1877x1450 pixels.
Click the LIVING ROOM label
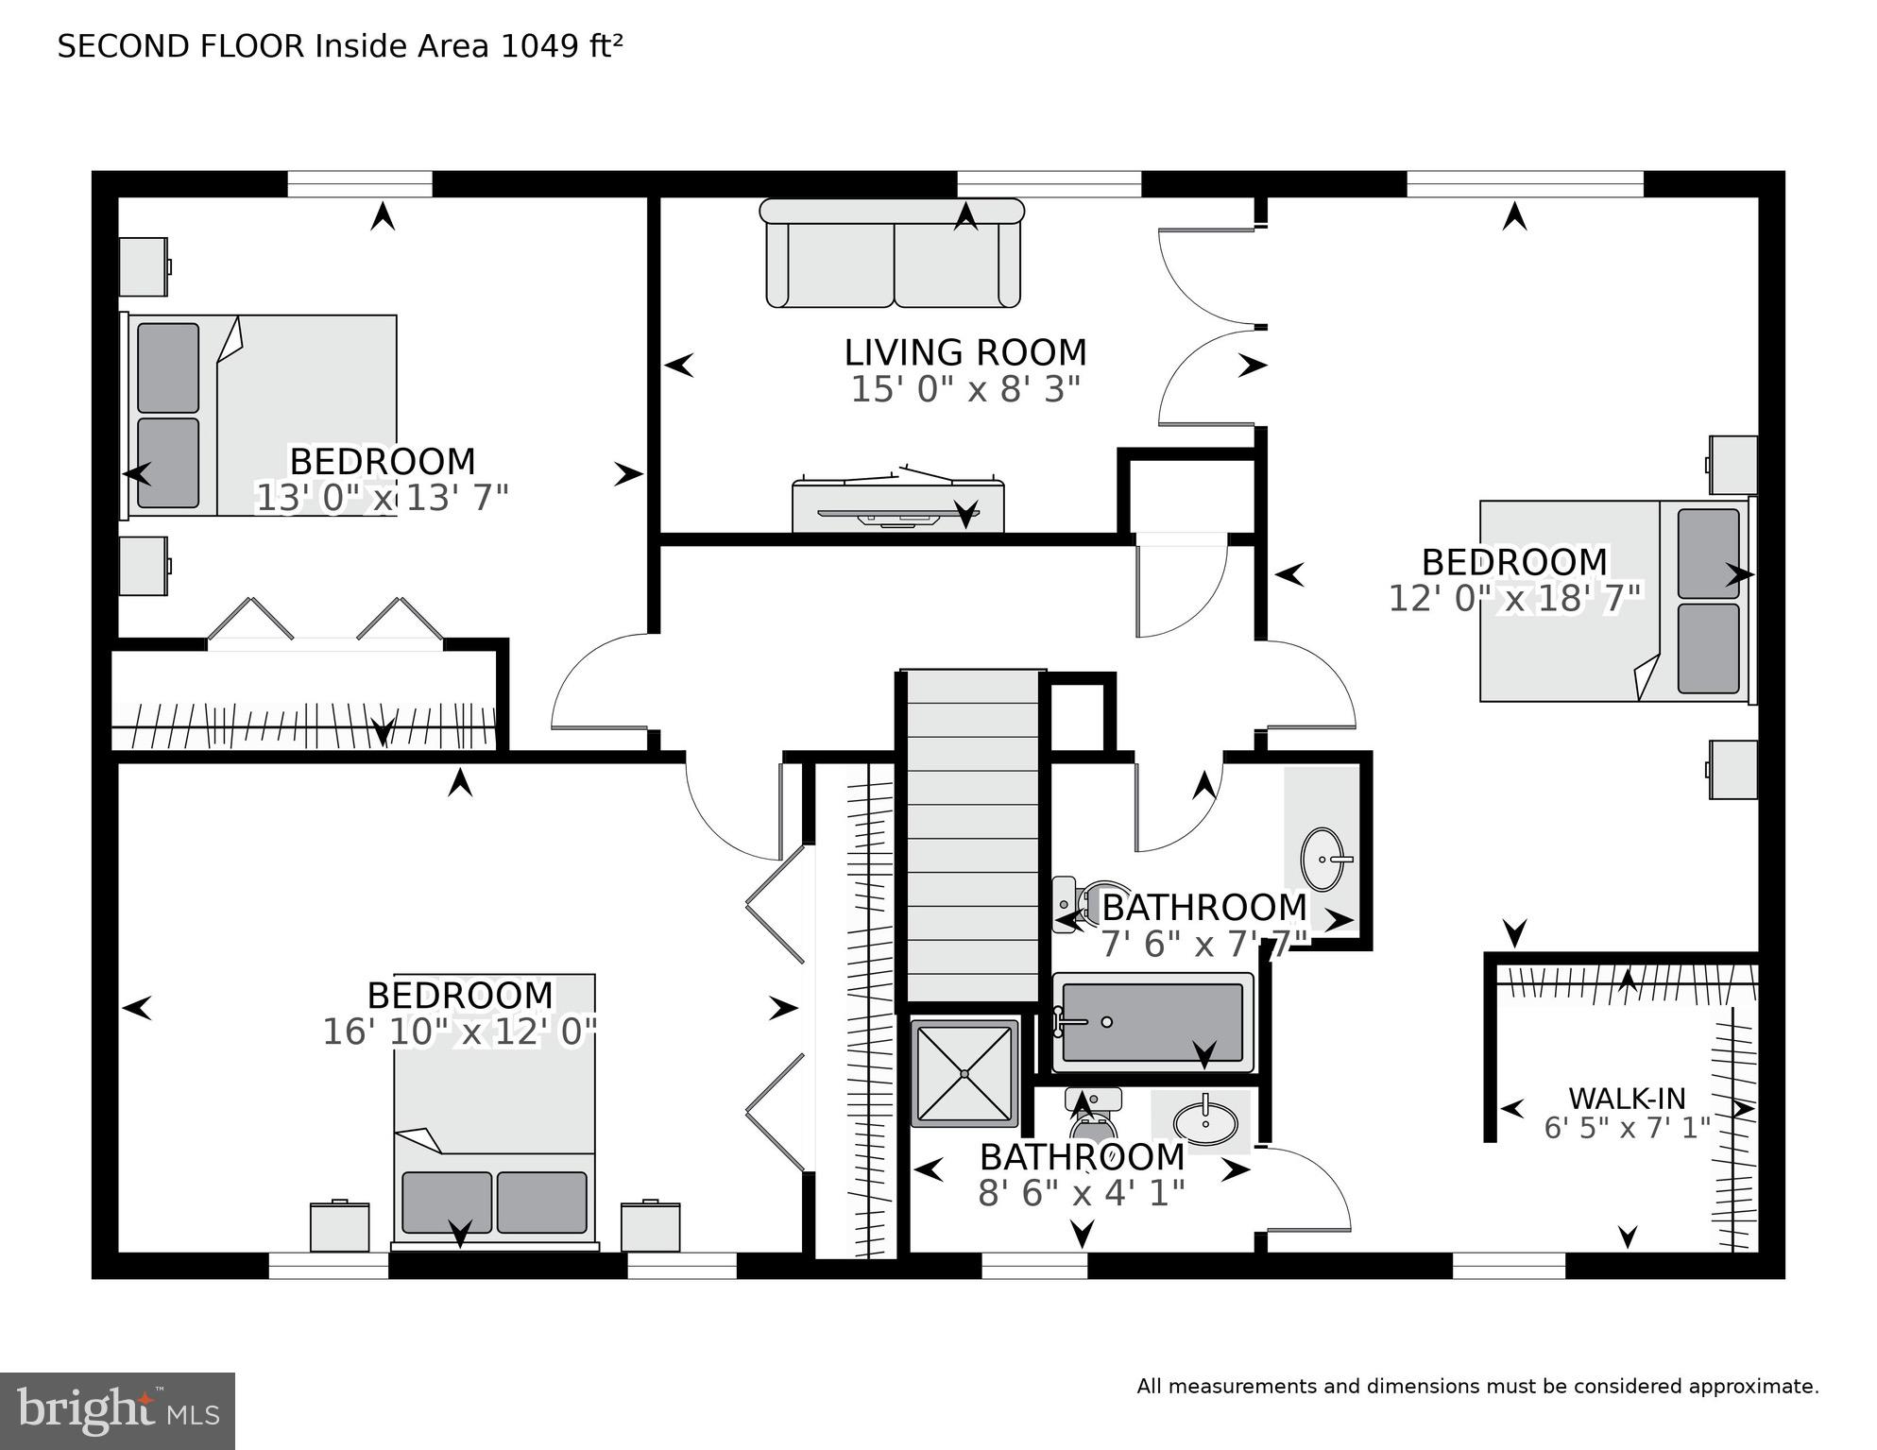pos(964,352)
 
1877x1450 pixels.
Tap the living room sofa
pos(892,255)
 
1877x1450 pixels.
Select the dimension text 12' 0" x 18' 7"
pos(1514,598)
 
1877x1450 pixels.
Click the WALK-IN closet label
pos(1627,1099)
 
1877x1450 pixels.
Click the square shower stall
pos(964,1073)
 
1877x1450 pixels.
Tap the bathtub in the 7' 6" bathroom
pos(1152,1022)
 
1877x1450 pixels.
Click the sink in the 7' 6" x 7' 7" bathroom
pos(1322,860)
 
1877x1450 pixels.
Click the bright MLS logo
pos(117,1411)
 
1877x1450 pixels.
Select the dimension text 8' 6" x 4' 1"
pos(1081,1193)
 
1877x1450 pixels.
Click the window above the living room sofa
pos(1049,184)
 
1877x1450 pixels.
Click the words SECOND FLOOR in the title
pos(180,46)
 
